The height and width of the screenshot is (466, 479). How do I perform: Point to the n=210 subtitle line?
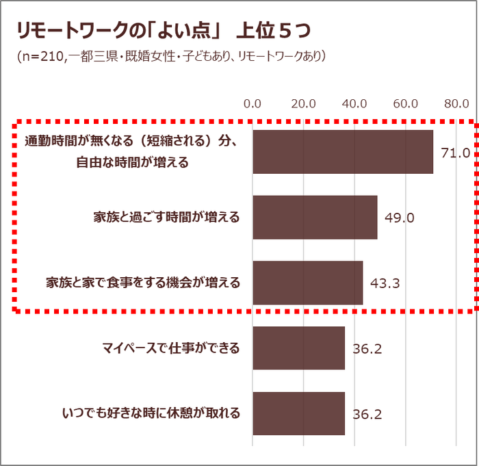coord(171,56)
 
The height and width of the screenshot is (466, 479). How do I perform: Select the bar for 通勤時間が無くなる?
coord(343,151)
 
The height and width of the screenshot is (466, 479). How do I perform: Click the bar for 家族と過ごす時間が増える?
coord(315,217)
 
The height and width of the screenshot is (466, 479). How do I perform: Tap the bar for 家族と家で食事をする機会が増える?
coord(308,283)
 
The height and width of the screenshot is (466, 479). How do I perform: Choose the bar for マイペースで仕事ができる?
coord(299,348)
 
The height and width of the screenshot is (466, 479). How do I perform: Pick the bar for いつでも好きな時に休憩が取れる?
coord(299,413)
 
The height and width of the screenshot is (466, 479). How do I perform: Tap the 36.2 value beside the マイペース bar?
coord(367,349)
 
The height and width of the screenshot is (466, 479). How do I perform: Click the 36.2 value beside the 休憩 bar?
coord(367,415)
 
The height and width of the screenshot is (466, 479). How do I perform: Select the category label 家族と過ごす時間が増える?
coord(167,218)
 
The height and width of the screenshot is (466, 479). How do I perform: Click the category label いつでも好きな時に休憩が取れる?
coord(151,413)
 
